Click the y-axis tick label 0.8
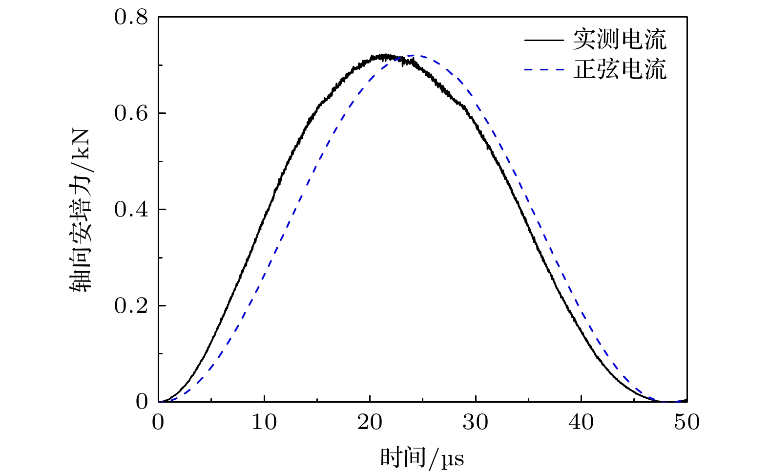[131, 18]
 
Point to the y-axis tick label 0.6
[131, 113]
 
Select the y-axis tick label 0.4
[131, 210]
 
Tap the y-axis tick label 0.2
[131, 306]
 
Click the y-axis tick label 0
[142, 402]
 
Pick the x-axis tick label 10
[264, 422]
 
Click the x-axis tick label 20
[370, 422]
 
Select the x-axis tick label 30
[476, 422]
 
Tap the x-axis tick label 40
[581, 422]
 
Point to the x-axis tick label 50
[686, 422]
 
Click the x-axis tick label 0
[158, 422]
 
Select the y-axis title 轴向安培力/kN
[80, 210]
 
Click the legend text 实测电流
[619, 40]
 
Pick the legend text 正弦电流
[619, 69]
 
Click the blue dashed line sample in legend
[543, 70]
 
